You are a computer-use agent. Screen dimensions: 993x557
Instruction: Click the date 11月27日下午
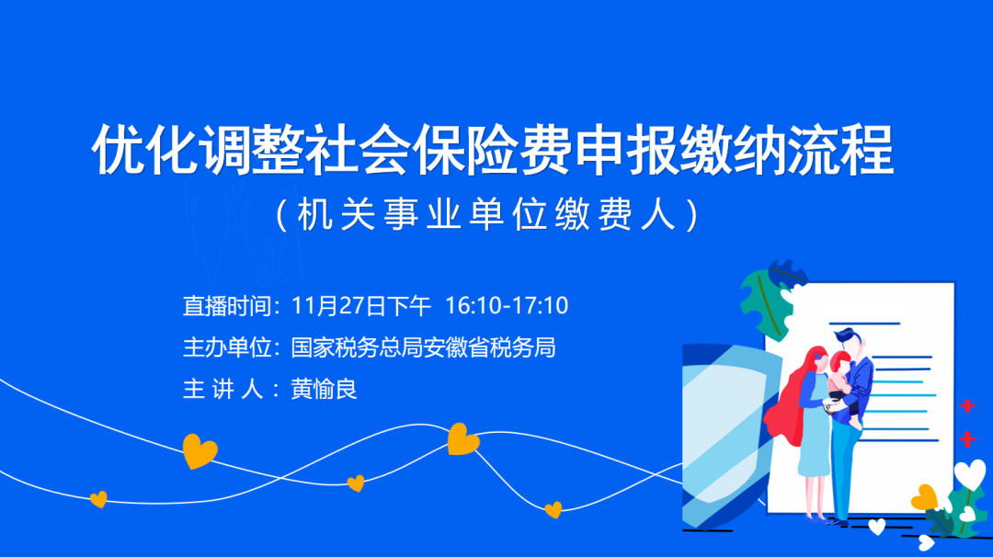361,306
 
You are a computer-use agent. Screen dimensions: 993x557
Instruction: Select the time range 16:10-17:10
507,306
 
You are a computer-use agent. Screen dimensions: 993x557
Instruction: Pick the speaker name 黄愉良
324,390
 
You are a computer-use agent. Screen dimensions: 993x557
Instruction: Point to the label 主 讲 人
223,390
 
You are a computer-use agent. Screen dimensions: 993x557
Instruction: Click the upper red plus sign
967,405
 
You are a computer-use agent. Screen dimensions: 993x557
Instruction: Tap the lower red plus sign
967,438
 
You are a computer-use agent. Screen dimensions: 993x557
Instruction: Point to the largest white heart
970,474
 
